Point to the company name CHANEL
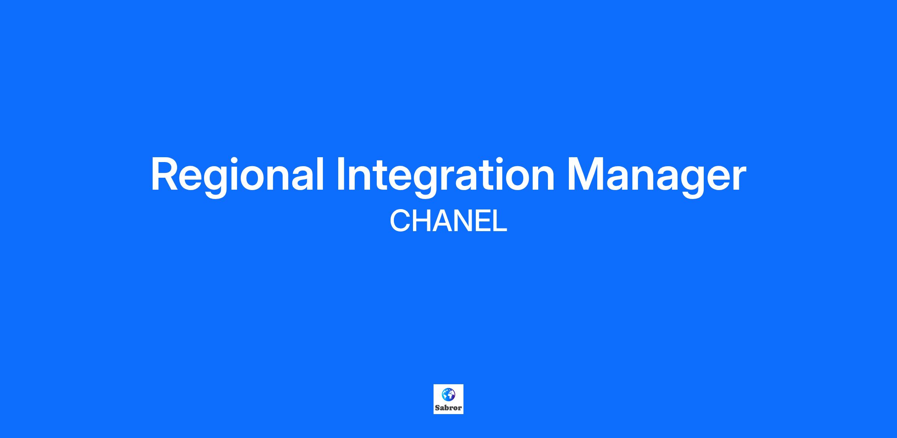click(x=449, y=221)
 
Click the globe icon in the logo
click(x=449, y=394)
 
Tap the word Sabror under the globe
click(x=449, y=408)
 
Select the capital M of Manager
click(x=585, y=174)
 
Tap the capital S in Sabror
click(x=437, y=408)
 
